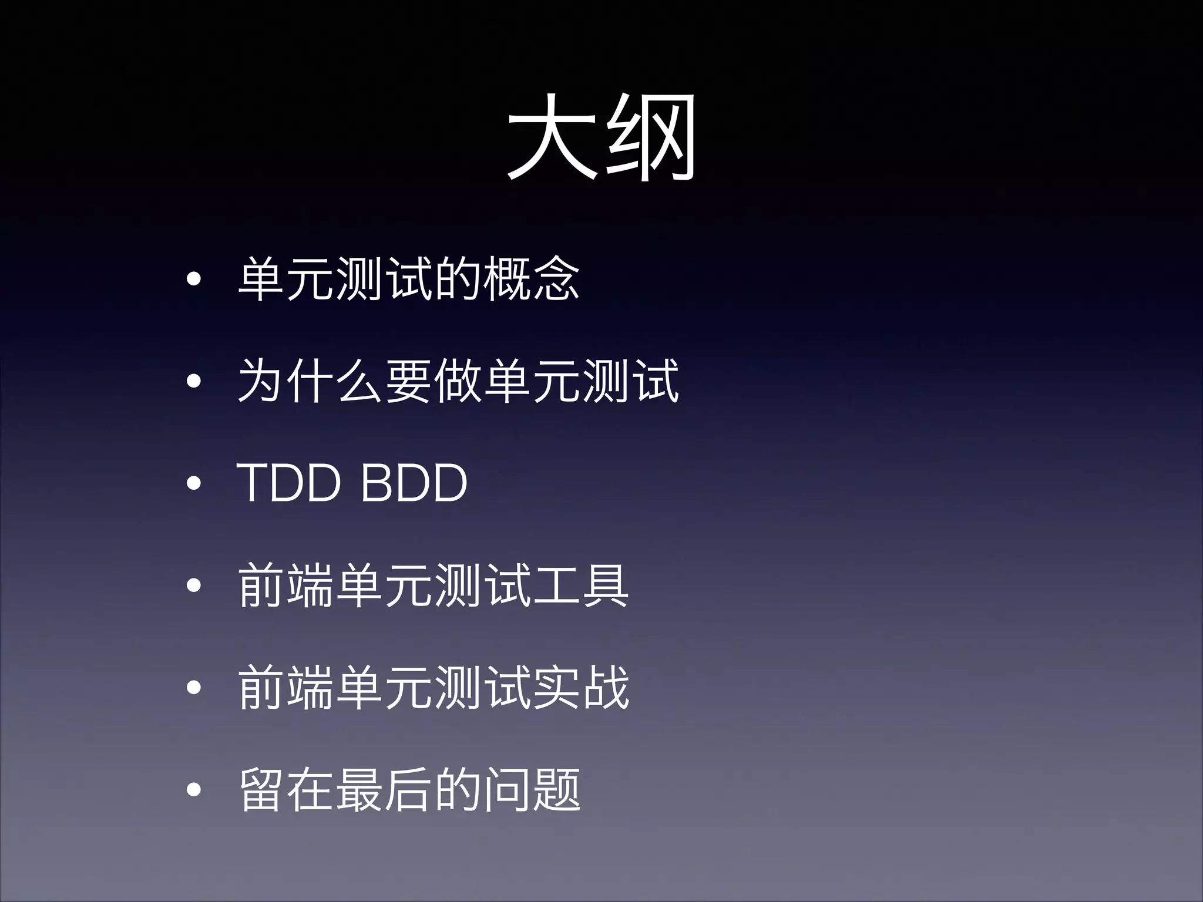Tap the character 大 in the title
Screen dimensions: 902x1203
pos(552,139)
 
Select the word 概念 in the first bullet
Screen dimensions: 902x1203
pos(532,279)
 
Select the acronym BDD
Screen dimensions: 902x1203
pos(414,483)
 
